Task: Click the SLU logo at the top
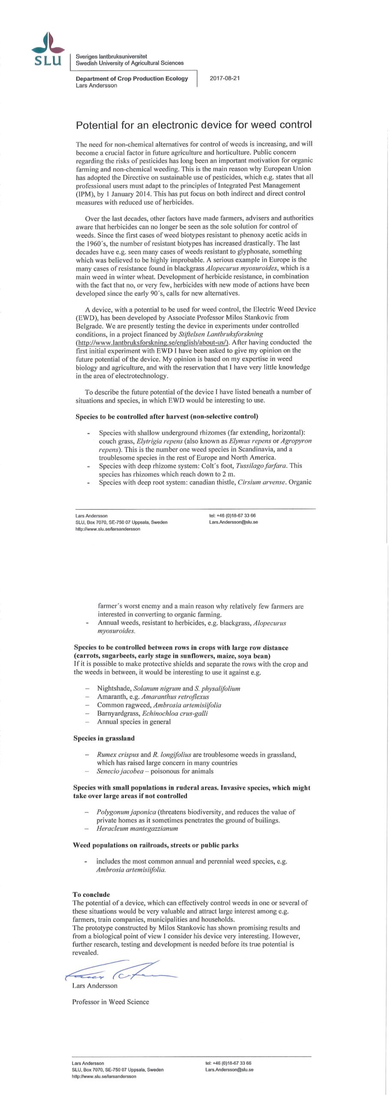(x=48, y=50)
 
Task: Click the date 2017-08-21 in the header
(x=224, y=78)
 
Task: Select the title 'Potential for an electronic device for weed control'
(x=194, y=125)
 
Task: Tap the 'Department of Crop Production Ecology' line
(x=132, y=78)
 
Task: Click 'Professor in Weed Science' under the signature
(x=110, y=1002)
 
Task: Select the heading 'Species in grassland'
(x=104, y=738)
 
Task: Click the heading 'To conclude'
(x=91, y=894)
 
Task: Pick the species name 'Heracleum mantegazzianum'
(x=131, y=829)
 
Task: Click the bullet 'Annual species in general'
(x=134, y=722)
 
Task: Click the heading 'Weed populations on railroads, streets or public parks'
(x=155, y=845)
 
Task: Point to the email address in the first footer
(x=233, y=522)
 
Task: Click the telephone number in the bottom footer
(x=228, y=1063)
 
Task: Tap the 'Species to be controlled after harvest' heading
(x=167, y=416)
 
